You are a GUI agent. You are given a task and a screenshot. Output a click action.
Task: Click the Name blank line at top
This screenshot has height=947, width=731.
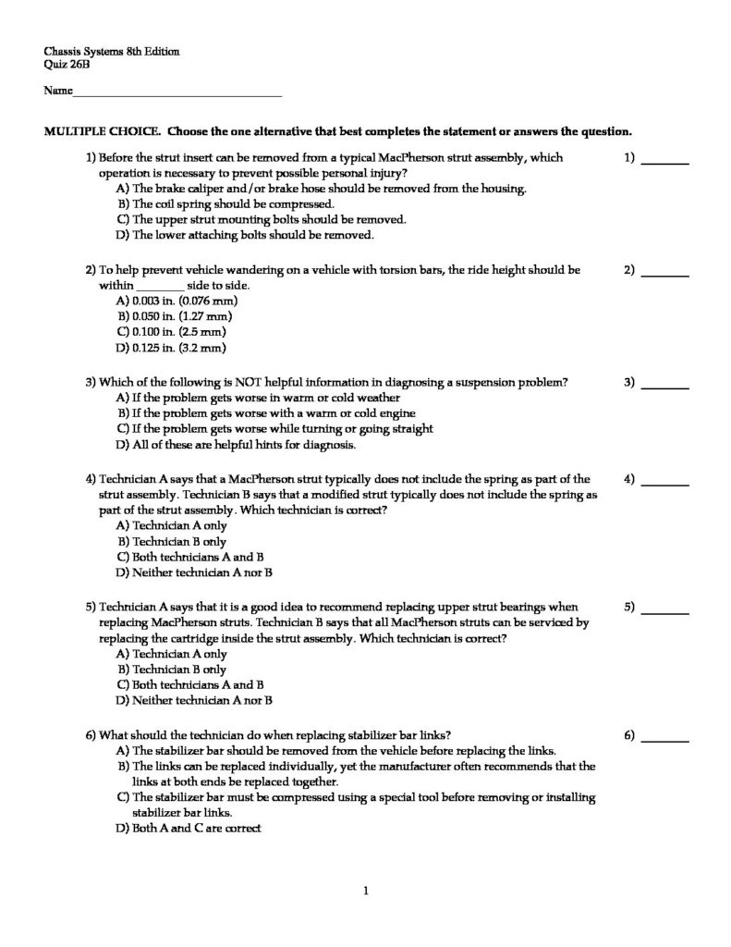pos(177,94)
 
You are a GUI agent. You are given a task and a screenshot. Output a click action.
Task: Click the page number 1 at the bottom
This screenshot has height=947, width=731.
pos(366,892)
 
